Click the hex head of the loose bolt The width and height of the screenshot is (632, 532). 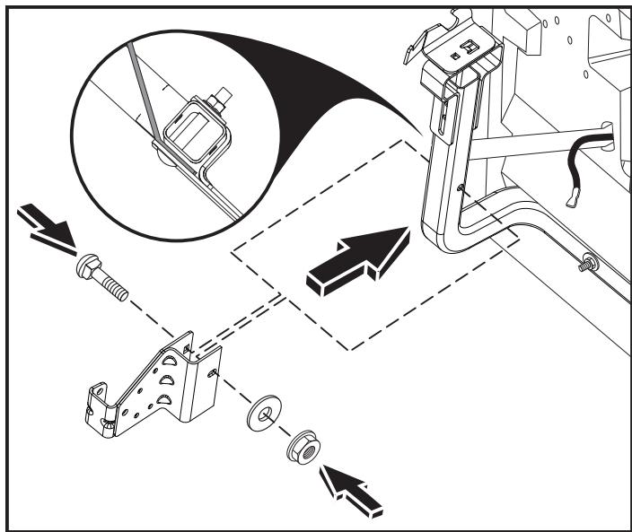point(91,266)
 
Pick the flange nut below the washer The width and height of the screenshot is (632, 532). point(299,447)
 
